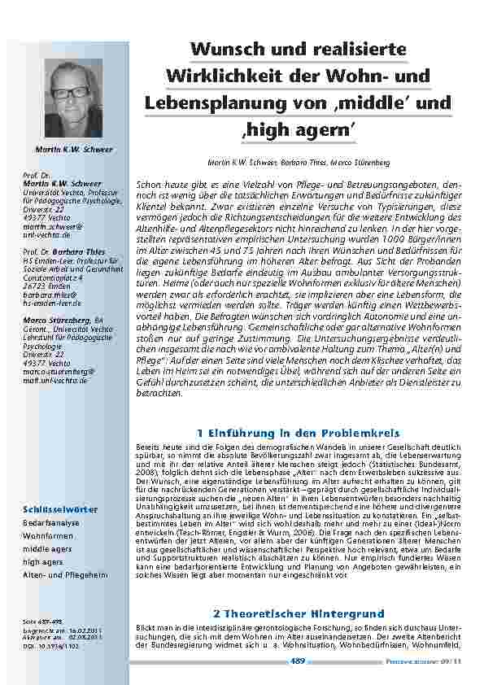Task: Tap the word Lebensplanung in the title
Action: [203, 103]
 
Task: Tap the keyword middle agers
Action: [47, 549]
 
